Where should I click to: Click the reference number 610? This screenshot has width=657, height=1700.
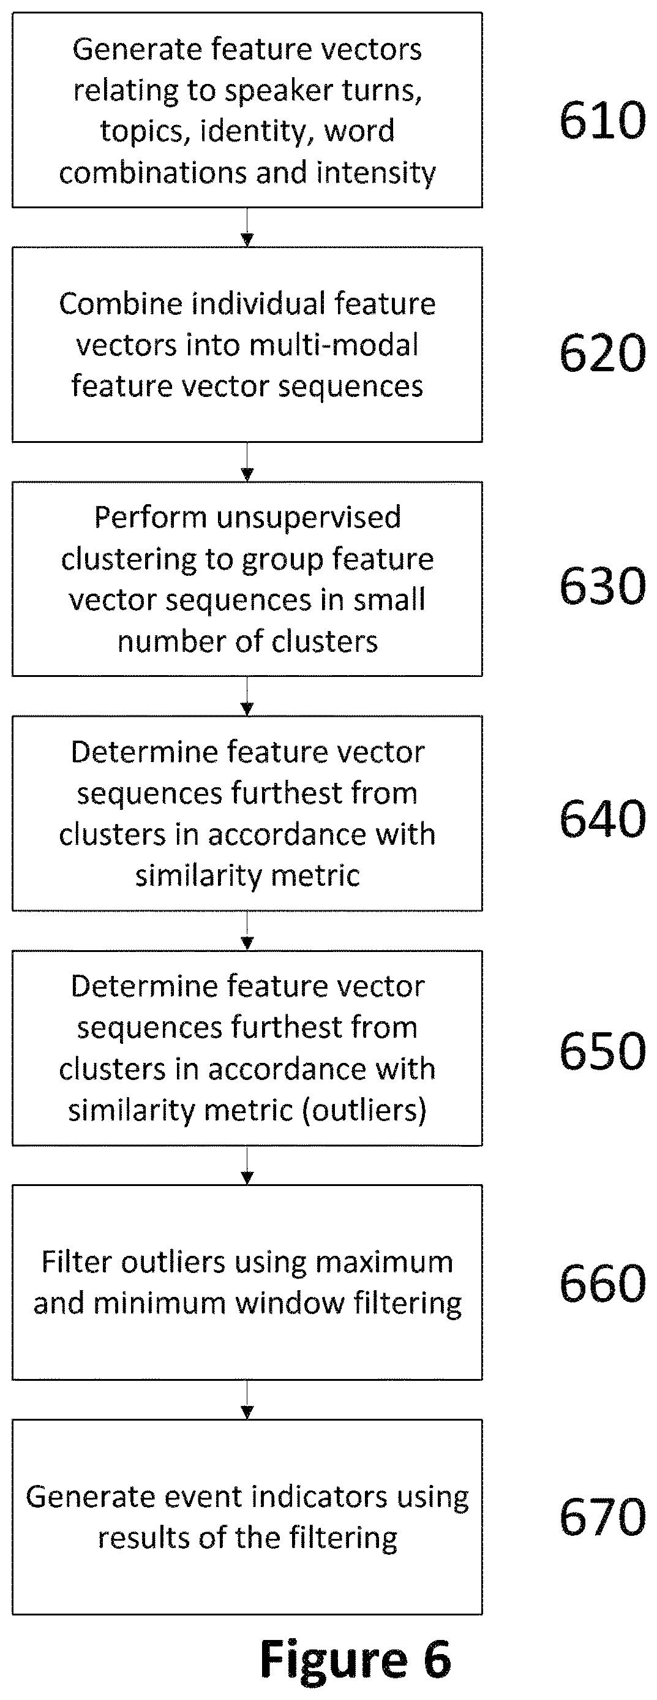(x=603, y=120)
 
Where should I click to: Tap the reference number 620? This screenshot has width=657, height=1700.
(x=603, y=353)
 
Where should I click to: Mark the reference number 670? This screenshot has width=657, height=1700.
(x=603, y=1517)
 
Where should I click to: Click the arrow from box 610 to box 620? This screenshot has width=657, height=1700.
(x=247, y=228)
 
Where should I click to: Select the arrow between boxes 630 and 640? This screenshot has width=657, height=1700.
(x=247, y=697)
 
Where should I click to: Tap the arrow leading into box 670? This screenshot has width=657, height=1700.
(x=247, y=1400)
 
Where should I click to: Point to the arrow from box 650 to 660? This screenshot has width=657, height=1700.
(x=247, y=1165)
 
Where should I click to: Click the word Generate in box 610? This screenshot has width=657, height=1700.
(x=126, y=50)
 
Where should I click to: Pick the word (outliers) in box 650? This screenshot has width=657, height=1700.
(x=364, y=1111)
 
